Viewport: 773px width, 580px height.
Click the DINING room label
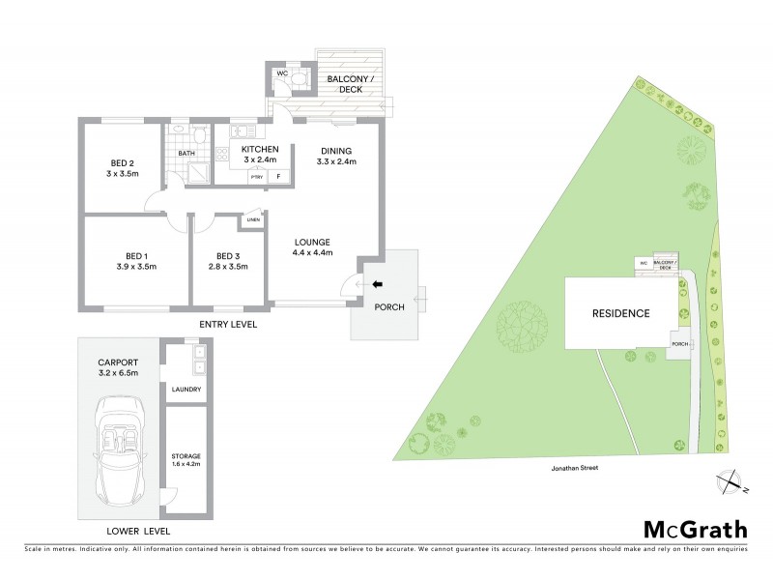coord(335,150)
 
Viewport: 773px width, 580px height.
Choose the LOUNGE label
coord(313,241)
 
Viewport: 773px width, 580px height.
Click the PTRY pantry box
coord(256,177)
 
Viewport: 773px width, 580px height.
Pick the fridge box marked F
coord(278,177)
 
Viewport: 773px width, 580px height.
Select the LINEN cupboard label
coord(254,219)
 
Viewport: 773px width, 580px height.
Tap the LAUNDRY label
coord(186,390)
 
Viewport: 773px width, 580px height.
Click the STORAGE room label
coord(186,454)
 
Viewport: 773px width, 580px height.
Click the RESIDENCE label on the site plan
coord(621,313)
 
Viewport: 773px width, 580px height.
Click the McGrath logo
coord(695,529)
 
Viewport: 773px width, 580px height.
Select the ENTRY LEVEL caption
coord(228,325)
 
